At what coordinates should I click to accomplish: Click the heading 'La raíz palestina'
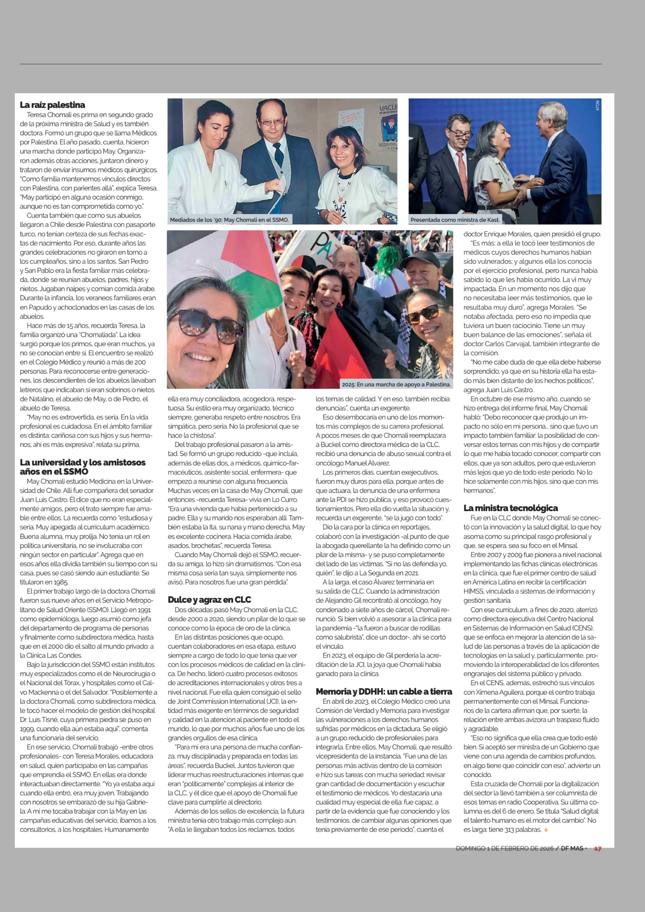52,105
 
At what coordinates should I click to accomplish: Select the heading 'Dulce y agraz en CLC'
209,599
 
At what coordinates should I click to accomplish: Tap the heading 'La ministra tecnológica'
510,508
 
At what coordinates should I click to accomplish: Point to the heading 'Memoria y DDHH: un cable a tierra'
384,692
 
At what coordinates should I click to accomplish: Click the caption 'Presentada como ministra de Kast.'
455,220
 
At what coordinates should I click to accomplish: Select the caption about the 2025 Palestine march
396,384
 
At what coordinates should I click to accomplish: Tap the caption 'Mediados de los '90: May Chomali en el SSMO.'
229,220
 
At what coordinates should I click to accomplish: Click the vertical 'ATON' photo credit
597,105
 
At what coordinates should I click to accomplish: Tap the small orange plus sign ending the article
546,830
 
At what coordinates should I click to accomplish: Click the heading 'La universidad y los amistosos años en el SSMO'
83,467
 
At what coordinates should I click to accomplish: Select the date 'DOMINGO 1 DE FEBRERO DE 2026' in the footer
504,848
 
